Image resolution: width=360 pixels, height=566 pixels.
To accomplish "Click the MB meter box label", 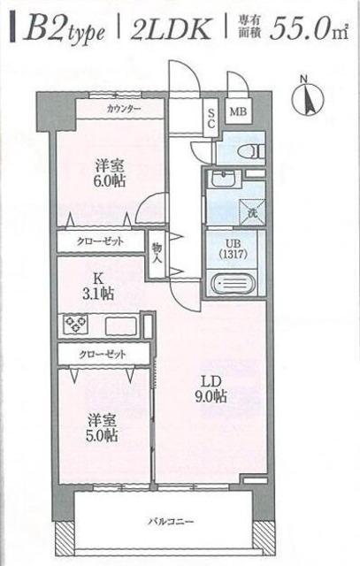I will tap(240, 112).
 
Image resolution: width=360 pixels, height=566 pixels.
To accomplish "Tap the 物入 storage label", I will tap(157, 253).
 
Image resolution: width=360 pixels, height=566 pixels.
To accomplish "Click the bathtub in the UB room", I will tap(235, 284).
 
